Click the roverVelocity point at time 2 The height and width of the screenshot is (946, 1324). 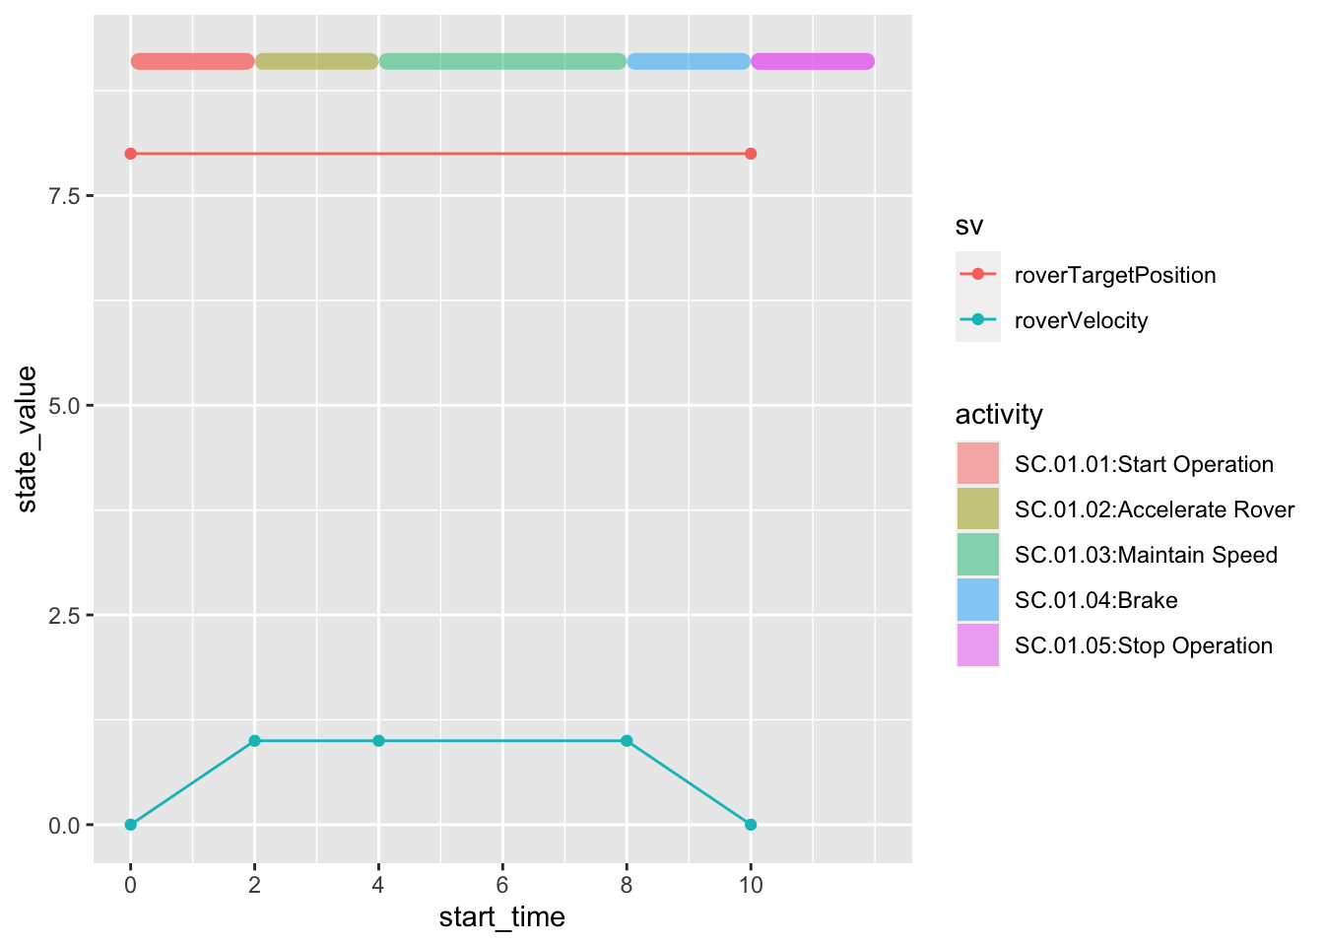[x=254, y=741]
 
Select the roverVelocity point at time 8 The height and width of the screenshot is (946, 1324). [x=627, y=741]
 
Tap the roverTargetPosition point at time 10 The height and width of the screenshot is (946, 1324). [x=751, y=154]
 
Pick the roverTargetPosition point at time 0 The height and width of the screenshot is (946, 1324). [x=130, y=154]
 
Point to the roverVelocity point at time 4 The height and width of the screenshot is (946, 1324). [x=378, y=741]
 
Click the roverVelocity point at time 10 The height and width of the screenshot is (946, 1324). [x=751, y=825]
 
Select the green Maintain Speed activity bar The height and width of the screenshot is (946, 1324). [x=502, y=61]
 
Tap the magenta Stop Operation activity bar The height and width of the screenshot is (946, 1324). [x=813, y=61]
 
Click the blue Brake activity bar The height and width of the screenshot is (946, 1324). [x=689, y=61]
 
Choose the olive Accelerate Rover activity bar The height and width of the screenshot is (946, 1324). [x=316, y=61]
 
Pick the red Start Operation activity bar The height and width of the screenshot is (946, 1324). [x=192, y=61]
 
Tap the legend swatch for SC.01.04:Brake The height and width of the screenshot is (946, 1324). [x=977, y=600]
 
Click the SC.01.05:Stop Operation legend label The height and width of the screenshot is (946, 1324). [x=1143, y=645]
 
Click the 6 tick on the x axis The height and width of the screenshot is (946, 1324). [x=502, y=885]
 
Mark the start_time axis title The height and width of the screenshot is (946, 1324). [x=502, y=917]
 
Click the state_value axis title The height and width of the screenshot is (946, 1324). [x=28, y=439]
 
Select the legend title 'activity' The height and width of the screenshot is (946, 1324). [x=999, y=414]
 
